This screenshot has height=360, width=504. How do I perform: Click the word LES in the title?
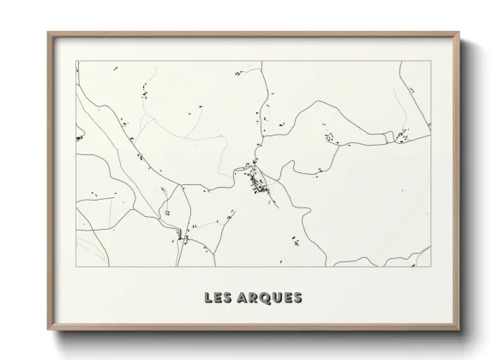(x=218, y=298)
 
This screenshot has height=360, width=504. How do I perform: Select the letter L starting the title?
(x=209, y=298)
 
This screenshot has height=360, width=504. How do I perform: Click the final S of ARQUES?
(x=297, y=298)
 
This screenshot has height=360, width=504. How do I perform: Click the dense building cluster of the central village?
(x=255, y=181)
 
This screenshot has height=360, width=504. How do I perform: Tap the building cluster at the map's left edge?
(x=79, y=136)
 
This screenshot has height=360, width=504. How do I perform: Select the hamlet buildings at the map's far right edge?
(x=399, y=134)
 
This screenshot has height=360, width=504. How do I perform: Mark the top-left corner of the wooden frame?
(x=48, y=33)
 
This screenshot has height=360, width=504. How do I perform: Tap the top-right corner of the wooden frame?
(x=459, y=33)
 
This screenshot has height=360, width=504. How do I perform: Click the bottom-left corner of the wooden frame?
(x=48, y=330)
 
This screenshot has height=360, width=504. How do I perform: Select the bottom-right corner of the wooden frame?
(x=459, y=330)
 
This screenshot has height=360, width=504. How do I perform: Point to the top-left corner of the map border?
(x=76, y=60)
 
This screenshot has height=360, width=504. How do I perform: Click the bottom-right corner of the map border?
(x=430, y=265)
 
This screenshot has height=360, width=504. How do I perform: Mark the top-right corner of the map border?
(x=430, y=60)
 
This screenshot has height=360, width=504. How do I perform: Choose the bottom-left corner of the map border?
(x=76, y=265)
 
